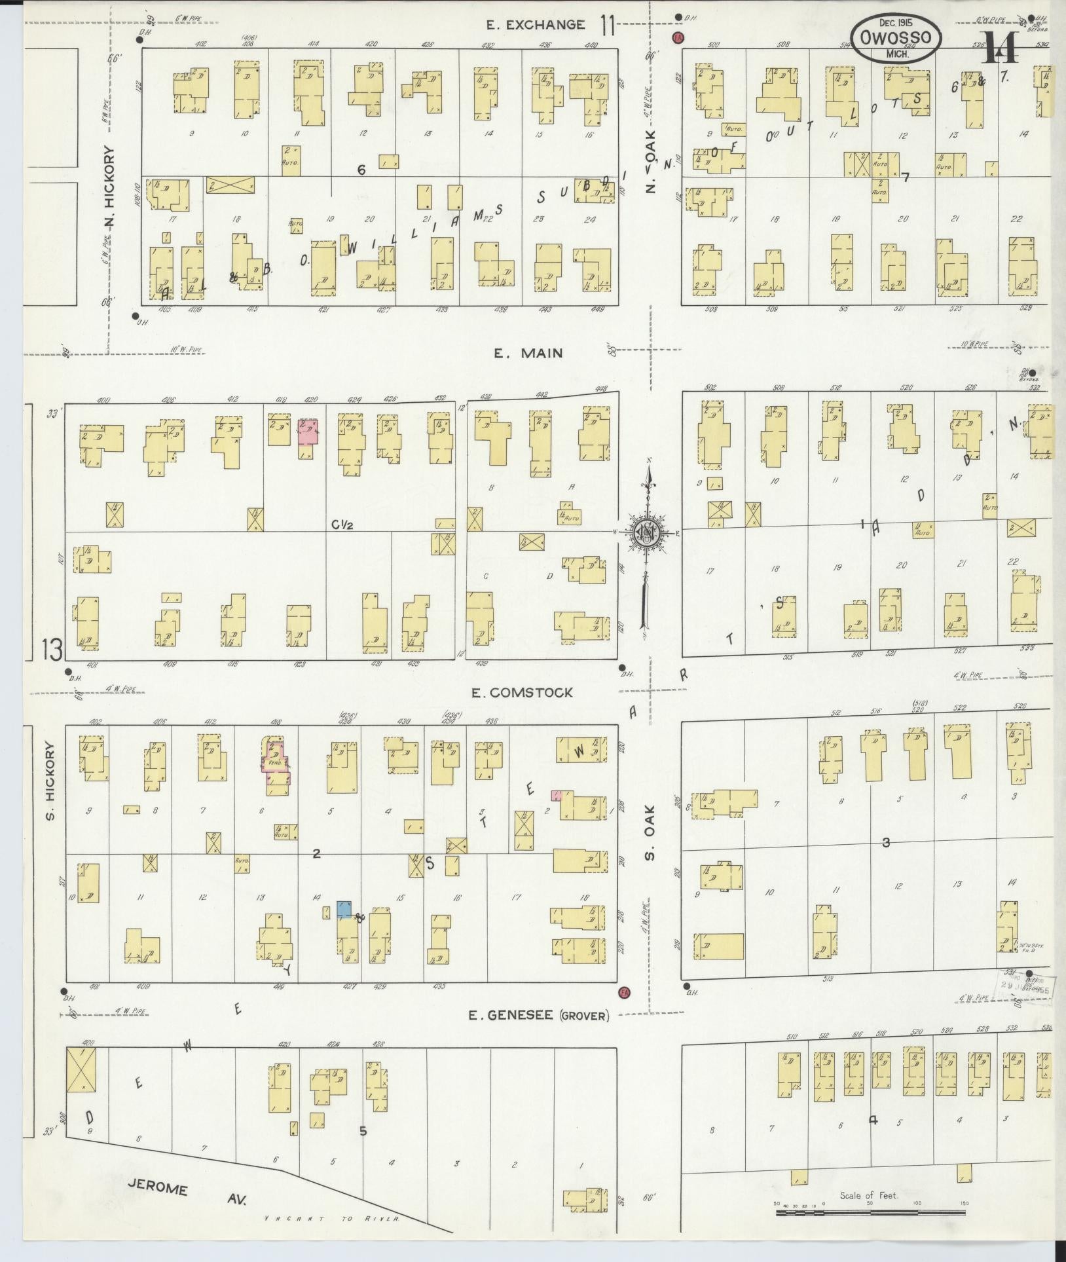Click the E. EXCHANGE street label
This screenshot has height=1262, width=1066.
point(536,26)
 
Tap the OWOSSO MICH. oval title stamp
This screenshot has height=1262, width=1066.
point(896,38)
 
